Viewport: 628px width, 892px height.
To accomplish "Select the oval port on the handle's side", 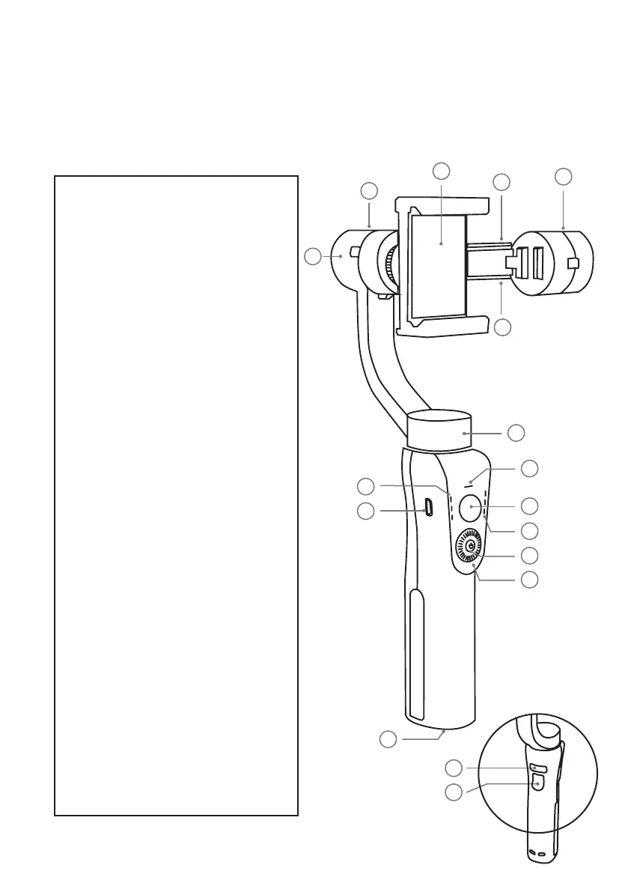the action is [x=429, y=508].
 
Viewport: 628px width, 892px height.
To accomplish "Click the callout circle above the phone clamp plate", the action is [x=442, y=171].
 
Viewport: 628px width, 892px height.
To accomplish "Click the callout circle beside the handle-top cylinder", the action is [x=516, y=433].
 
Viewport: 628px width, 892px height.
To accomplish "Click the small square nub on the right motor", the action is [x=574, y=263].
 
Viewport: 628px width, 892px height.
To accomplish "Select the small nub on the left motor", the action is [x=353, y=251].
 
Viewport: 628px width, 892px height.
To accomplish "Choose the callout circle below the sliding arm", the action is [x=502, y=327].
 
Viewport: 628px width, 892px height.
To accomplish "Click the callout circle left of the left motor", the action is [x=313, y=257].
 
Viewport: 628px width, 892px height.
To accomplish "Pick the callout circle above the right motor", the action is [x=564, y=177].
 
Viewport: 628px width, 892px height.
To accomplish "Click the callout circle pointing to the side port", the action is [x=365, y=512].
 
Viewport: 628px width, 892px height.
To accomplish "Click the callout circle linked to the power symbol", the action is [x=530, y=555].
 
